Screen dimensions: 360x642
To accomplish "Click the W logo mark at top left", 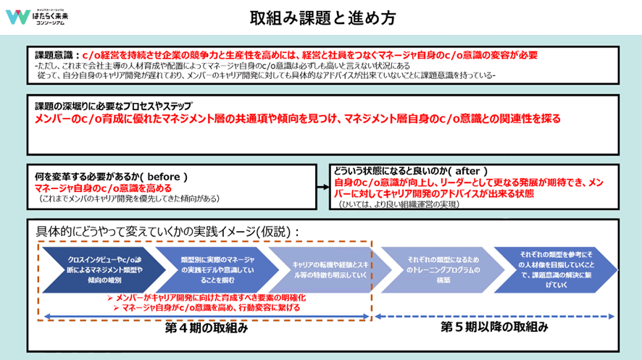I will (17, 17).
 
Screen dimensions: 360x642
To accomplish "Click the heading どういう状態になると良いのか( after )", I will (410, 169).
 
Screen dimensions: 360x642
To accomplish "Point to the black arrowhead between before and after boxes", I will (323, 186).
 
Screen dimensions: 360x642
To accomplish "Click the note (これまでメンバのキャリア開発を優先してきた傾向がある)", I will (129, 198).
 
